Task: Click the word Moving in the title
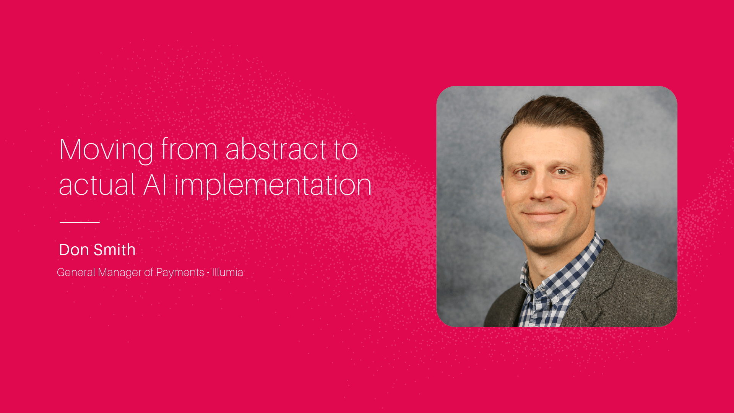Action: [x=106, y=150]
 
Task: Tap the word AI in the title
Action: [x=155, y=185]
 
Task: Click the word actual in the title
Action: [x=97, y=185]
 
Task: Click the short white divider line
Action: [x=80, y=222]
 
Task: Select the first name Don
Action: [x=74, y=250]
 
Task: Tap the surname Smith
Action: [x=115, y=250]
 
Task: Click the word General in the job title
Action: [x=76, y=272]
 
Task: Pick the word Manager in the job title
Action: [x=120, y=273]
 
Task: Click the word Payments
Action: [x=180, y=272]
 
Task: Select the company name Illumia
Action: [x=227, y=272]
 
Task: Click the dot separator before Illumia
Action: [x=208, y=273]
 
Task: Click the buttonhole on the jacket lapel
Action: [x=585, y=316]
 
